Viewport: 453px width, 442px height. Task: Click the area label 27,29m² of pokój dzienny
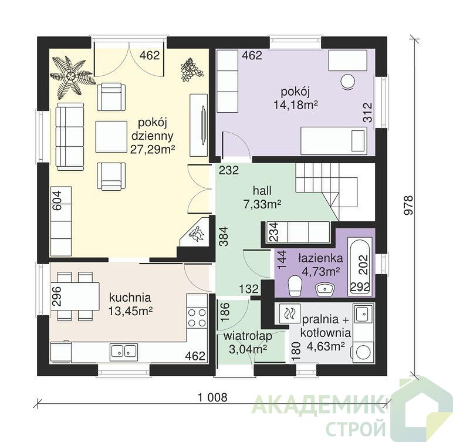pos(153,150)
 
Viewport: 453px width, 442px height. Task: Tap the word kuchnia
pos(130,298)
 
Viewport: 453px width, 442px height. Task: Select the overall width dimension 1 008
pos(213,397)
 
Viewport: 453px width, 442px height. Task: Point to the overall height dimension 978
pos(408,205)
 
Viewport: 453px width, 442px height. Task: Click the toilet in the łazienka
pos(295,286)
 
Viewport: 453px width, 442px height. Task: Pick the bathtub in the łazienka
pos(360,266)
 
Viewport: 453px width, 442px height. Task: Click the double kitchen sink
pos(124,352)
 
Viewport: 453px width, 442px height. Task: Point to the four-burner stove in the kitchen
pos(197,318)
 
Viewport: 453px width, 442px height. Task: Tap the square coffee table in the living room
pos(111,137)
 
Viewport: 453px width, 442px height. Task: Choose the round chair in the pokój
pos(347,82)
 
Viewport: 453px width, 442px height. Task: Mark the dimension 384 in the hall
pos(224,236)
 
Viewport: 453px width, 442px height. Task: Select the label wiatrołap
pos(248,336)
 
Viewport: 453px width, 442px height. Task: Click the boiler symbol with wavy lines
pos(289,313)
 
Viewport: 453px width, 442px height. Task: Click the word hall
pos(262,191)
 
